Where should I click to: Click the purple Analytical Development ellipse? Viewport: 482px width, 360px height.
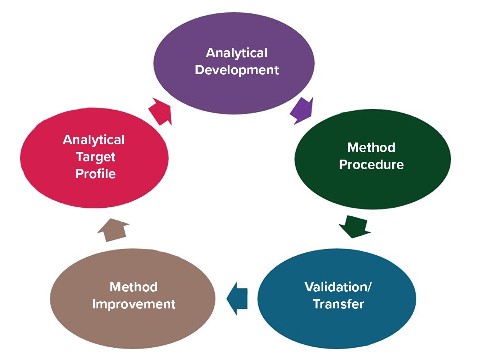234,89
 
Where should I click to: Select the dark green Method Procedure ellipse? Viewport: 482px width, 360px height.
372,186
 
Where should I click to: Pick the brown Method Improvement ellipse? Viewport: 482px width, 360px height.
133,327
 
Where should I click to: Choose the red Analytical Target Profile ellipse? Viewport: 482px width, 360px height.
94,193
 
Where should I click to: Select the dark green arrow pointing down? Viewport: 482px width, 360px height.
354,226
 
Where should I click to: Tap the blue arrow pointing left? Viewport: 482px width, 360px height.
237,298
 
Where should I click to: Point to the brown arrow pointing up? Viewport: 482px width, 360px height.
113,230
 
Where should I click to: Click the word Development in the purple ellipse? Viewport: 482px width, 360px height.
237,70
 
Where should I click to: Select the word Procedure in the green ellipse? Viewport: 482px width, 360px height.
371,164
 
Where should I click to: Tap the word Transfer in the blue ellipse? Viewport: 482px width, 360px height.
338,304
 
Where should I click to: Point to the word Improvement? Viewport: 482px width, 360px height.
133,304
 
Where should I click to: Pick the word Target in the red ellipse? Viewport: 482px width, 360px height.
96,157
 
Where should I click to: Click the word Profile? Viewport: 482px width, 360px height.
95,174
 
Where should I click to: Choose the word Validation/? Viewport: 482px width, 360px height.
337,287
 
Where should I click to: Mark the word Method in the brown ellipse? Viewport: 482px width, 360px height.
133,287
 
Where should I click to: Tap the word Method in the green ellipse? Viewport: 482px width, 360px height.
371,147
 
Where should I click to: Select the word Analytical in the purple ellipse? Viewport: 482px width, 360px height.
237,53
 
